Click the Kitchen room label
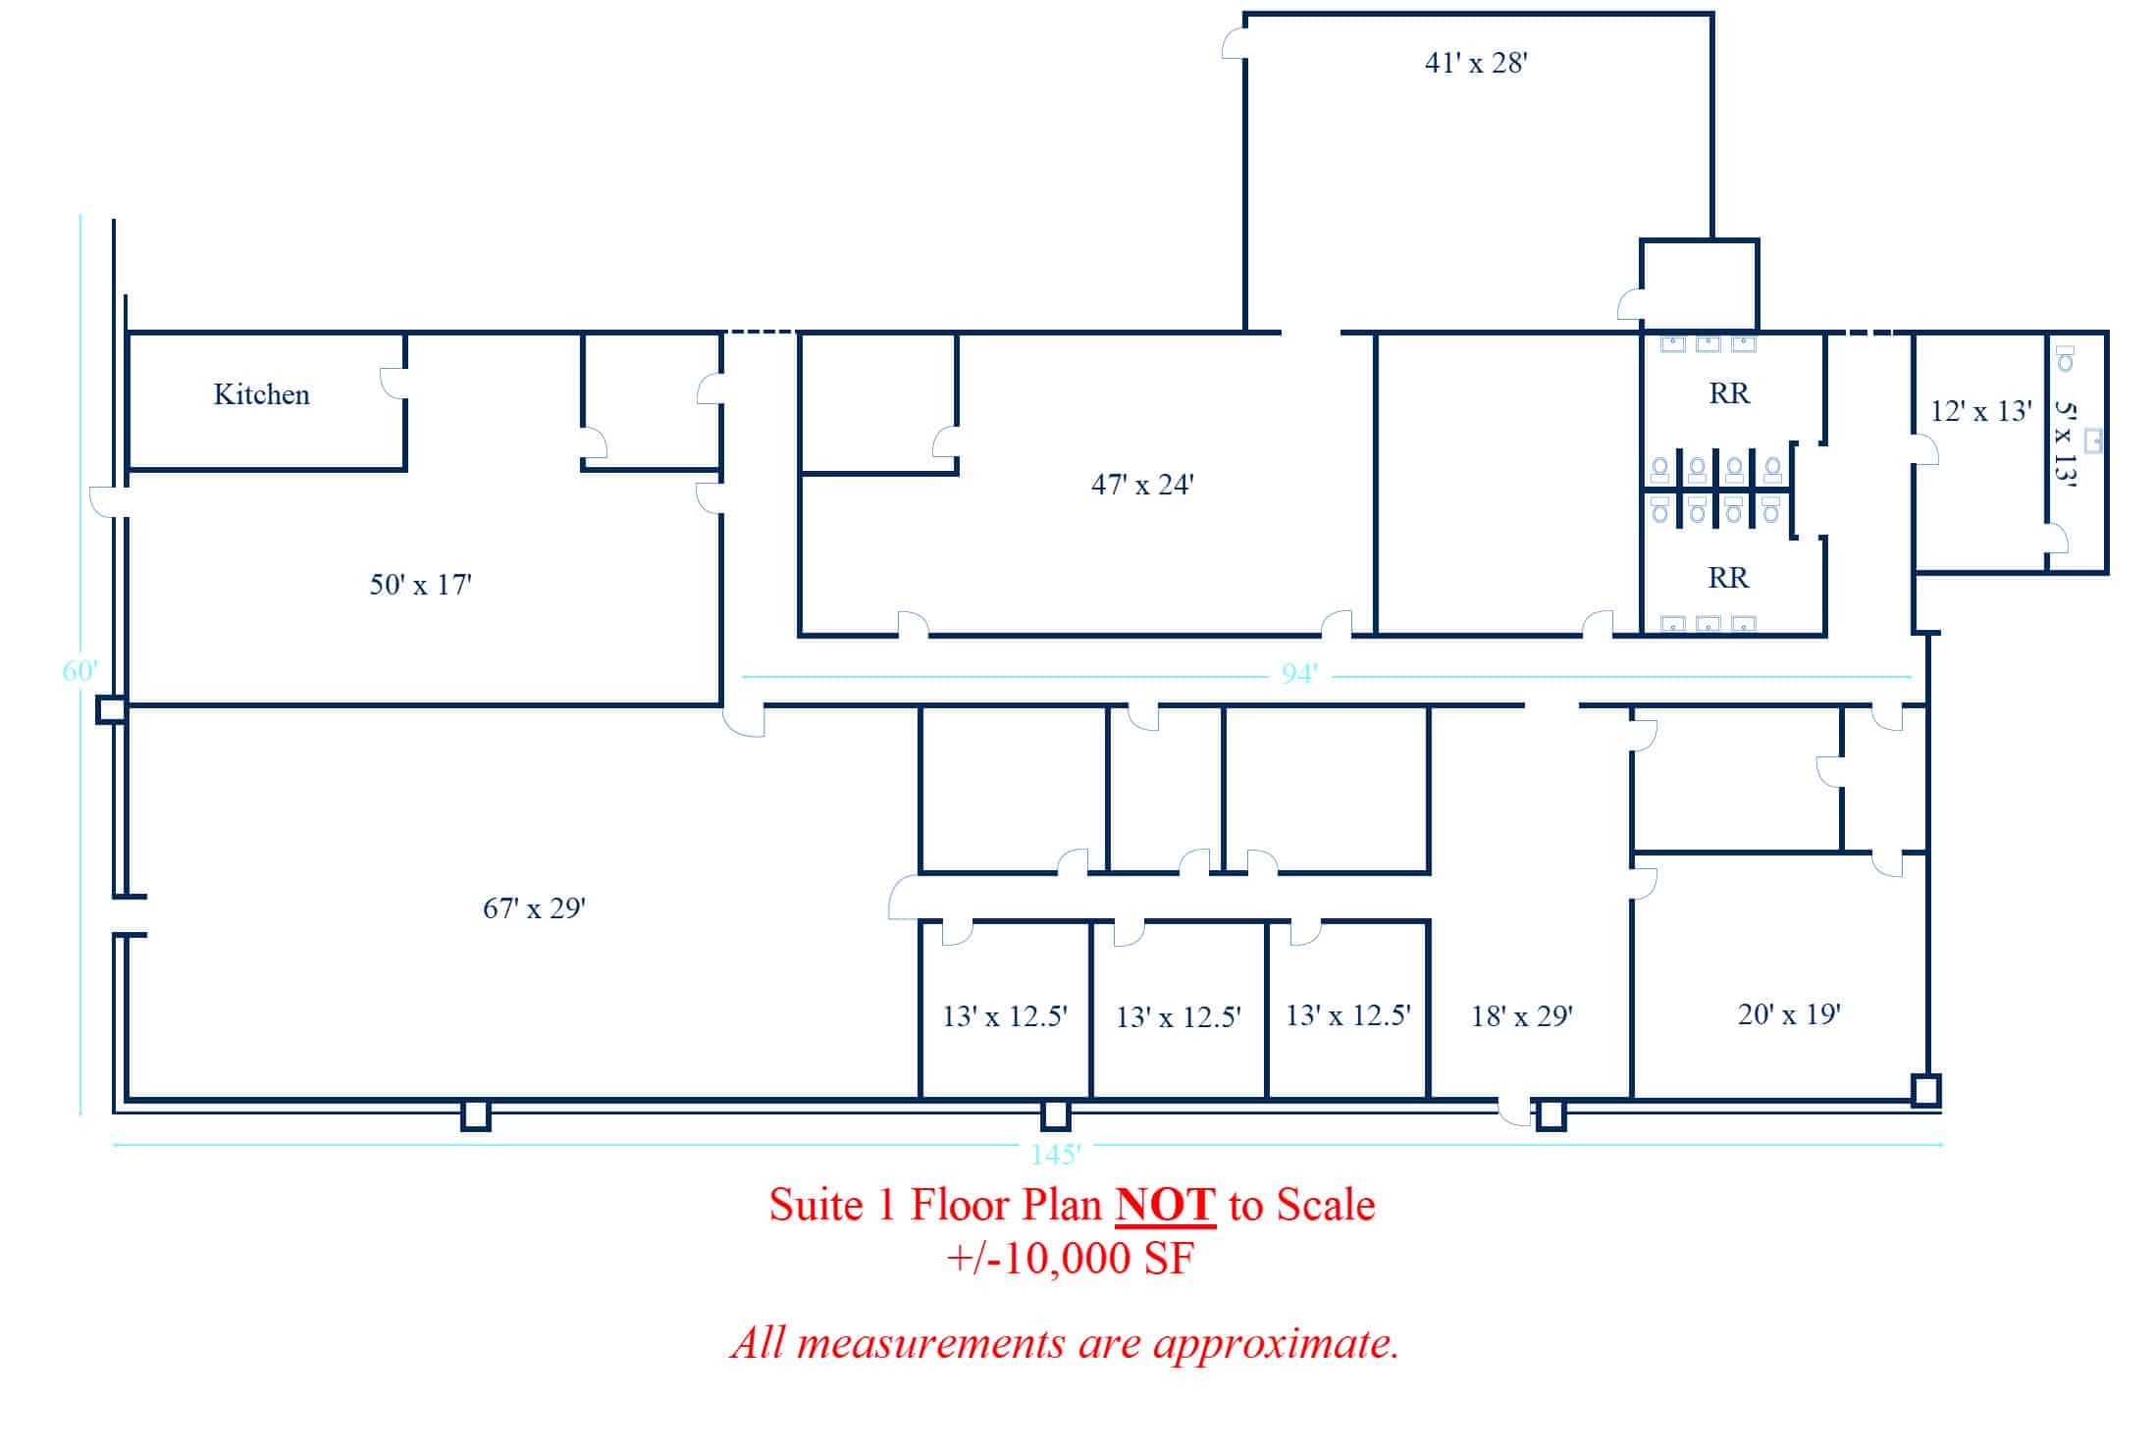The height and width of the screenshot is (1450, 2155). point(262,394)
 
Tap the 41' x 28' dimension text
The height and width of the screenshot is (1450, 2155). point(1476,63)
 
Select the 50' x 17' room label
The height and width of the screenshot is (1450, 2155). point(420,585)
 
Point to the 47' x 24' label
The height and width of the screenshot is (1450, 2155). point(1142,485)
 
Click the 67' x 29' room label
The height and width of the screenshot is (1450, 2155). point(534,908)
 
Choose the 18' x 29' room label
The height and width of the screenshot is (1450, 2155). point(1522,1016)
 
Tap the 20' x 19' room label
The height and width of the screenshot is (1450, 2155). point(1789,1014)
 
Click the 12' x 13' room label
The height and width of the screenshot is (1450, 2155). point(1980,411)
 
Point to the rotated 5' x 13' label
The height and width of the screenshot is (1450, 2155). point(2066,443)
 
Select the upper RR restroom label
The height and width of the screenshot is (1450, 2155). point(1729,393)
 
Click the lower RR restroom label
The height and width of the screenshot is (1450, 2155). point(1728,578)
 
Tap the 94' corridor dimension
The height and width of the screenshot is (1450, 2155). point(1299,674)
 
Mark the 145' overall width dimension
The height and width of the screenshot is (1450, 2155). point(1056,1154)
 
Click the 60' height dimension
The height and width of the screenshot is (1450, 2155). point(79,671)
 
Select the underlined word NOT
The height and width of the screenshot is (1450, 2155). point(1166,1205)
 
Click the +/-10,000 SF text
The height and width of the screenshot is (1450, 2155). point(1070,1259)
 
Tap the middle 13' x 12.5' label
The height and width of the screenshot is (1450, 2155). point(1179,1017)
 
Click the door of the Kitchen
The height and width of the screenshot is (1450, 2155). point(394,384)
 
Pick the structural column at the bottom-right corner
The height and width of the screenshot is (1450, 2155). point(1925,1091)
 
